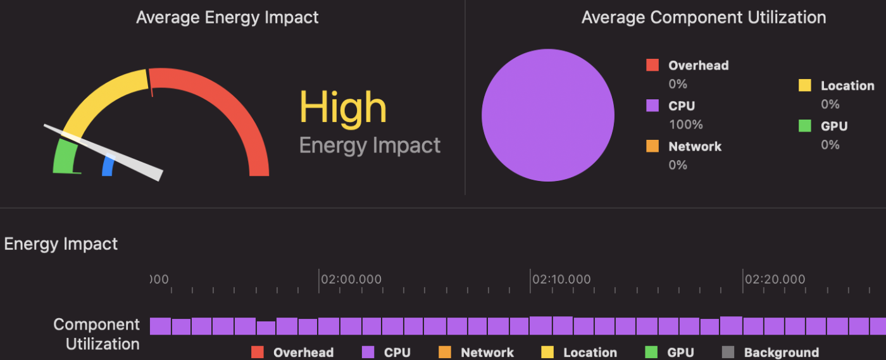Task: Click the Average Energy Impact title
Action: point(227,17)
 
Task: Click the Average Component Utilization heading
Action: point(703,17)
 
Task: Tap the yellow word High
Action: point(342,108)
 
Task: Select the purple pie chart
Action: point(547,115)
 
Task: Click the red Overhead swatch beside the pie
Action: point(652,65)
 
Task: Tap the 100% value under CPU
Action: point(685,124)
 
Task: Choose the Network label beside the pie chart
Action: point(694,146)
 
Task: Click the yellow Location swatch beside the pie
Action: point(804,85)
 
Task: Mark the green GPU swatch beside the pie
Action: point(804,126)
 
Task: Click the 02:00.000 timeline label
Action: point(351,279)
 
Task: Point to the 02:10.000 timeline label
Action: point(561,279)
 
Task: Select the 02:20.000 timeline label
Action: point(775,279)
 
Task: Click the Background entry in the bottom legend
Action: point(781,352)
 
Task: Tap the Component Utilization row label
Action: point(96,334)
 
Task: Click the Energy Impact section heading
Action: point(61,244)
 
